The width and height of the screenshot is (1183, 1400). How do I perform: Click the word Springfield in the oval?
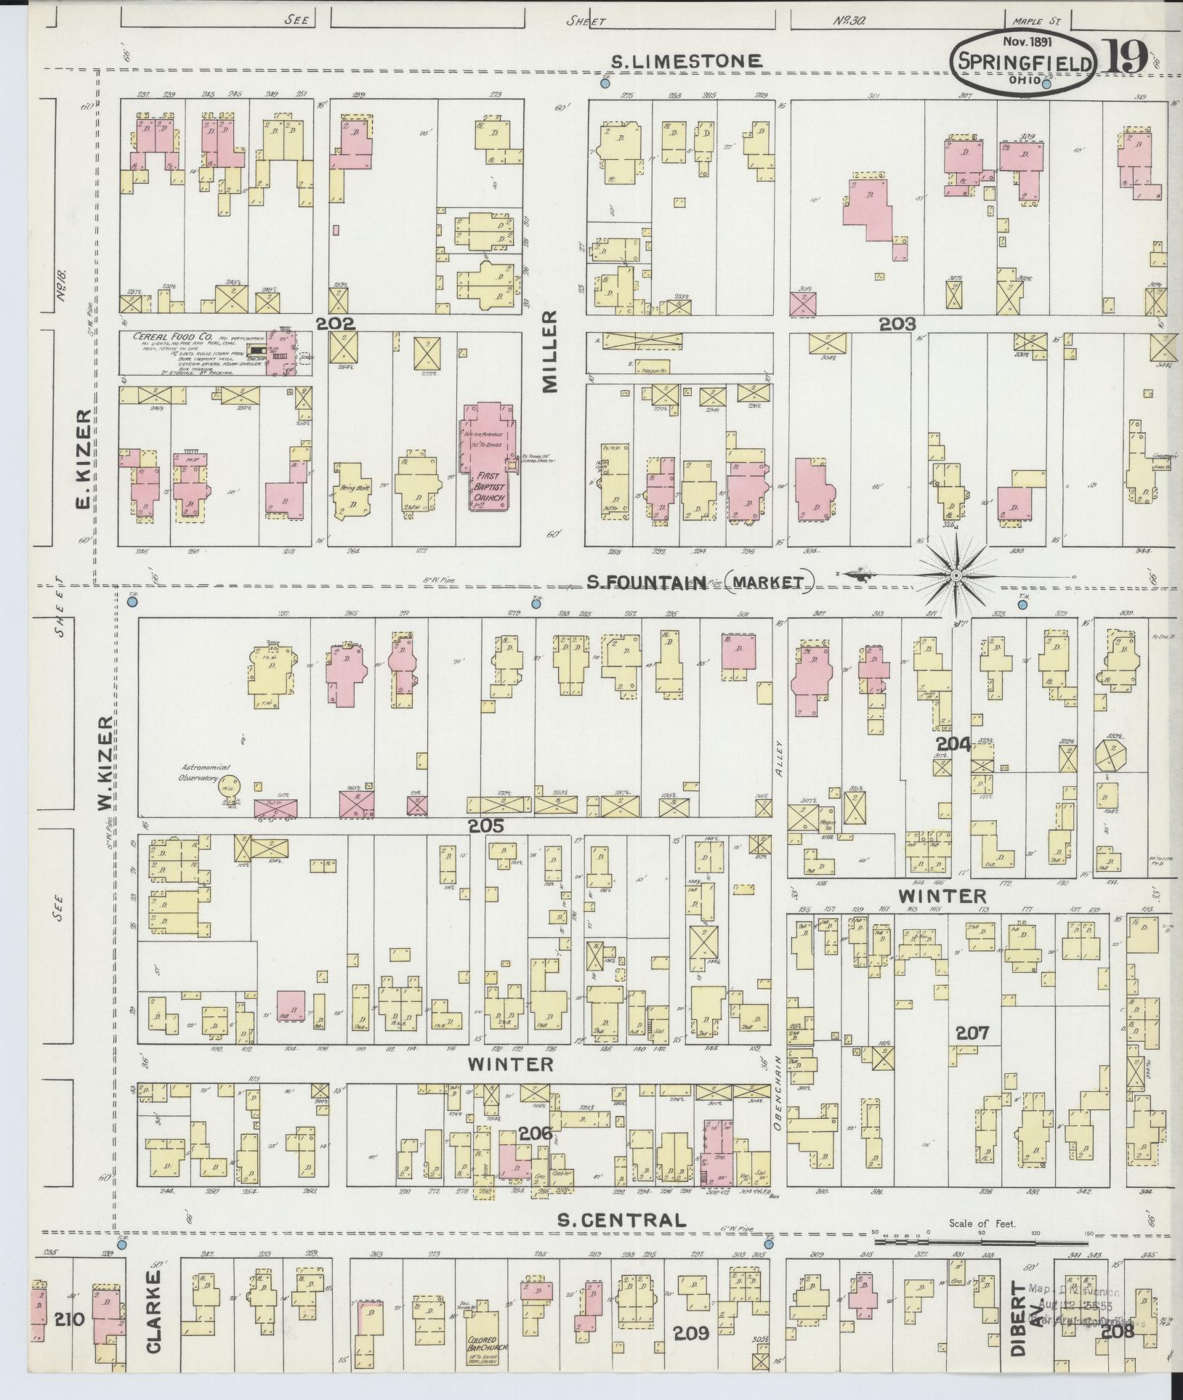coord(1025,63)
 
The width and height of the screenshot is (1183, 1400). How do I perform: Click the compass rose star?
coord(956,576)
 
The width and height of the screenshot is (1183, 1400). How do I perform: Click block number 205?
coord(486,825)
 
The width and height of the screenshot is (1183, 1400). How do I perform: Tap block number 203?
coord(897,324)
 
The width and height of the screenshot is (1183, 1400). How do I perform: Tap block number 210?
coord(70,1319)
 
